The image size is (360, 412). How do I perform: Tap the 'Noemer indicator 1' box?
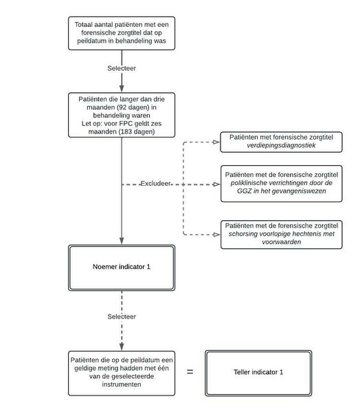pos(122,265)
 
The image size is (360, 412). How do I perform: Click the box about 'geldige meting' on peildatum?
pos(122,372)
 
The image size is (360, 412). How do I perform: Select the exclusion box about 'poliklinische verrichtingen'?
pos(283,184)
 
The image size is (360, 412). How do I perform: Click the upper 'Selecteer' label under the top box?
pos(122,69)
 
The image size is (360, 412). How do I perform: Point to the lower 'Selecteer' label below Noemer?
pos(122,316)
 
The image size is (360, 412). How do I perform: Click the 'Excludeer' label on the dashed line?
pos(156,184)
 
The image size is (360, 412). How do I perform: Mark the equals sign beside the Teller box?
pos(190,372)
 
